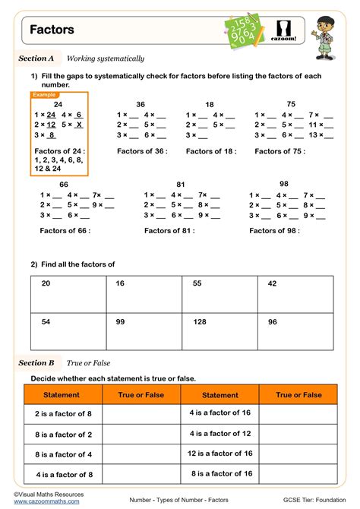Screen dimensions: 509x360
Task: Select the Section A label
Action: (x=36, y=58)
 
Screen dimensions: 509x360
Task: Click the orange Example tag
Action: (x=44, y=95)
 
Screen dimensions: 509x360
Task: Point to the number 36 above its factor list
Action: (x=141, y=104)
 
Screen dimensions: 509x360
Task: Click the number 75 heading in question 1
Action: (x=291, y=103)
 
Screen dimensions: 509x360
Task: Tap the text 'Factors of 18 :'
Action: (x=211, y=151)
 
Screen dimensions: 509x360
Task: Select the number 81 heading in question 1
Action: (x=180, y=185)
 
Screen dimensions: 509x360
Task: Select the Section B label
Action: (x=36, y=363)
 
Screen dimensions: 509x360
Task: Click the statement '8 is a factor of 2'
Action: (x=63, y=435)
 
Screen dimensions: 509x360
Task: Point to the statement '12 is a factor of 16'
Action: (x=220, y=453)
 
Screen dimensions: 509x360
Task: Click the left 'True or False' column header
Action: (x=141, y=395)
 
